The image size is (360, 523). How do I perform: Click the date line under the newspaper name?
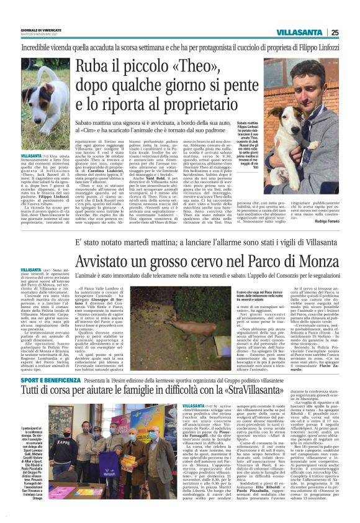(x=42, y=35)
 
